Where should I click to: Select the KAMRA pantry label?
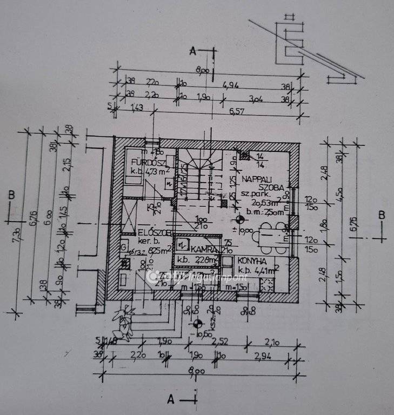tap(203, 250)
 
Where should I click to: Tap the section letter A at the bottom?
tap(171, 400)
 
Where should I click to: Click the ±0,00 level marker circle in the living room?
tap(239, 219)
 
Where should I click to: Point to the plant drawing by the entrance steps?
tap(123, 323)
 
